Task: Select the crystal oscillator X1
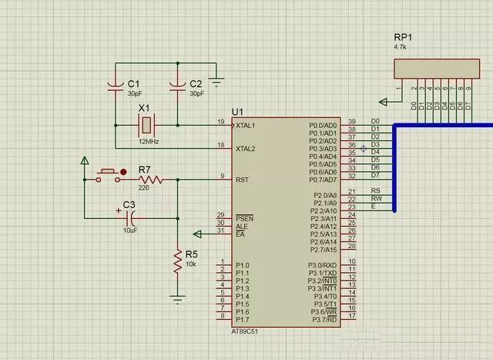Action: (x=145, y=123)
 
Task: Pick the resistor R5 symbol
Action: (x=177, y=262)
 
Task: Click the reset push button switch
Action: (x=108, y=175)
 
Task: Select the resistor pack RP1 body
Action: (x=433, y=69)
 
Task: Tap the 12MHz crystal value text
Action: (x=148, y=143)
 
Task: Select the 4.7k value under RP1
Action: (x=400, y=47)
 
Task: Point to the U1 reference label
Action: (x=237, y=112)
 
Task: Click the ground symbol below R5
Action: (x=177, y=298)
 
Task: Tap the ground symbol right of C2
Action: (x=217, y=79)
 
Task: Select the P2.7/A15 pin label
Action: (x=323, y=250)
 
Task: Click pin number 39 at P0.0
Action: (x=351, y=122)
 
